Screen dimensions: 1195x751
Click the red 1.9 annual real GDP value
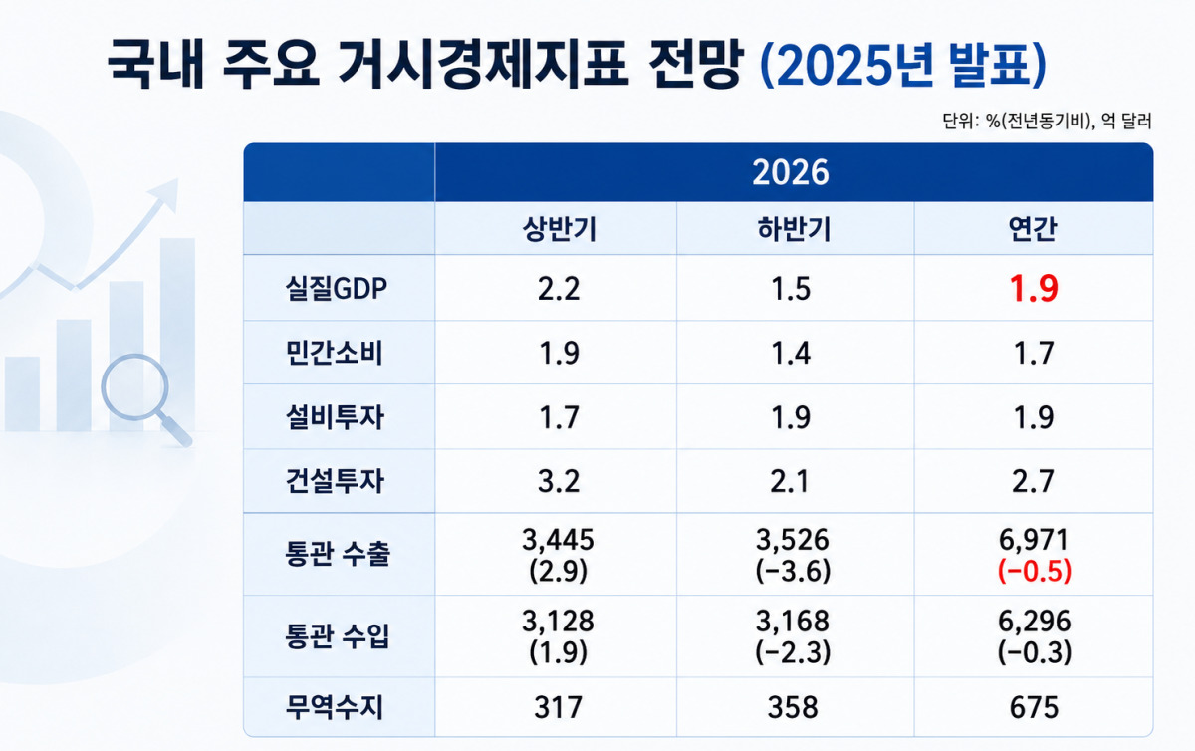1034,289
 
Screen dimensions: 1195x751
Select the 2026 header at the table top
790,172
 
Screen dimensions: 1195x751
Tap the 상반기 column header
559,229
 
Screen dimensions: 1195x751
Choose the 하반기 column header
794,229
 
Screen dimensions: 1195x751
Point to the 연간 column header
1033,229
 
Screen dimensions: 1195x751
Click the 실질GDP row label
337,289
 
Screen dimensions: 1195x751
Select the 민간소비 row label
335,353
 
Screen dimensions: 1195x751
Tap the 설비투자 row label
335,417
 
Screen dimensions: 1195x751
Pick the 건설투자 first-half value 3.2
559,481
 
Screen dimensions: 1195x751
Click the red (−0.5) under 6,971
1034,571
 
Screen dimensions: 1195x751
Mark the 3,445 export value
558,540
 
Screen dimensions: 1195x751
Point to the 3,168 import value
793,622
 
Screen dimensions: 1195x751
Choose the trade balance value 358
793,708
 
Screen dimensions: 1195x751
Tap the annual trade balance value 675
1034,708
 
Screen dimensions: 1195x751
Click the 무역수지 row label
335,708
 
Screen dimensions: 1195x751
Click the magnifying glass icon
144,397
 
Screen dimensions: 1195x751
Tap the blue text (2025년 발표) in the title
902,65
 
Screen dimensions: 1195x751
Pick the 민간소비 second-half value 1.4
791,354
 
